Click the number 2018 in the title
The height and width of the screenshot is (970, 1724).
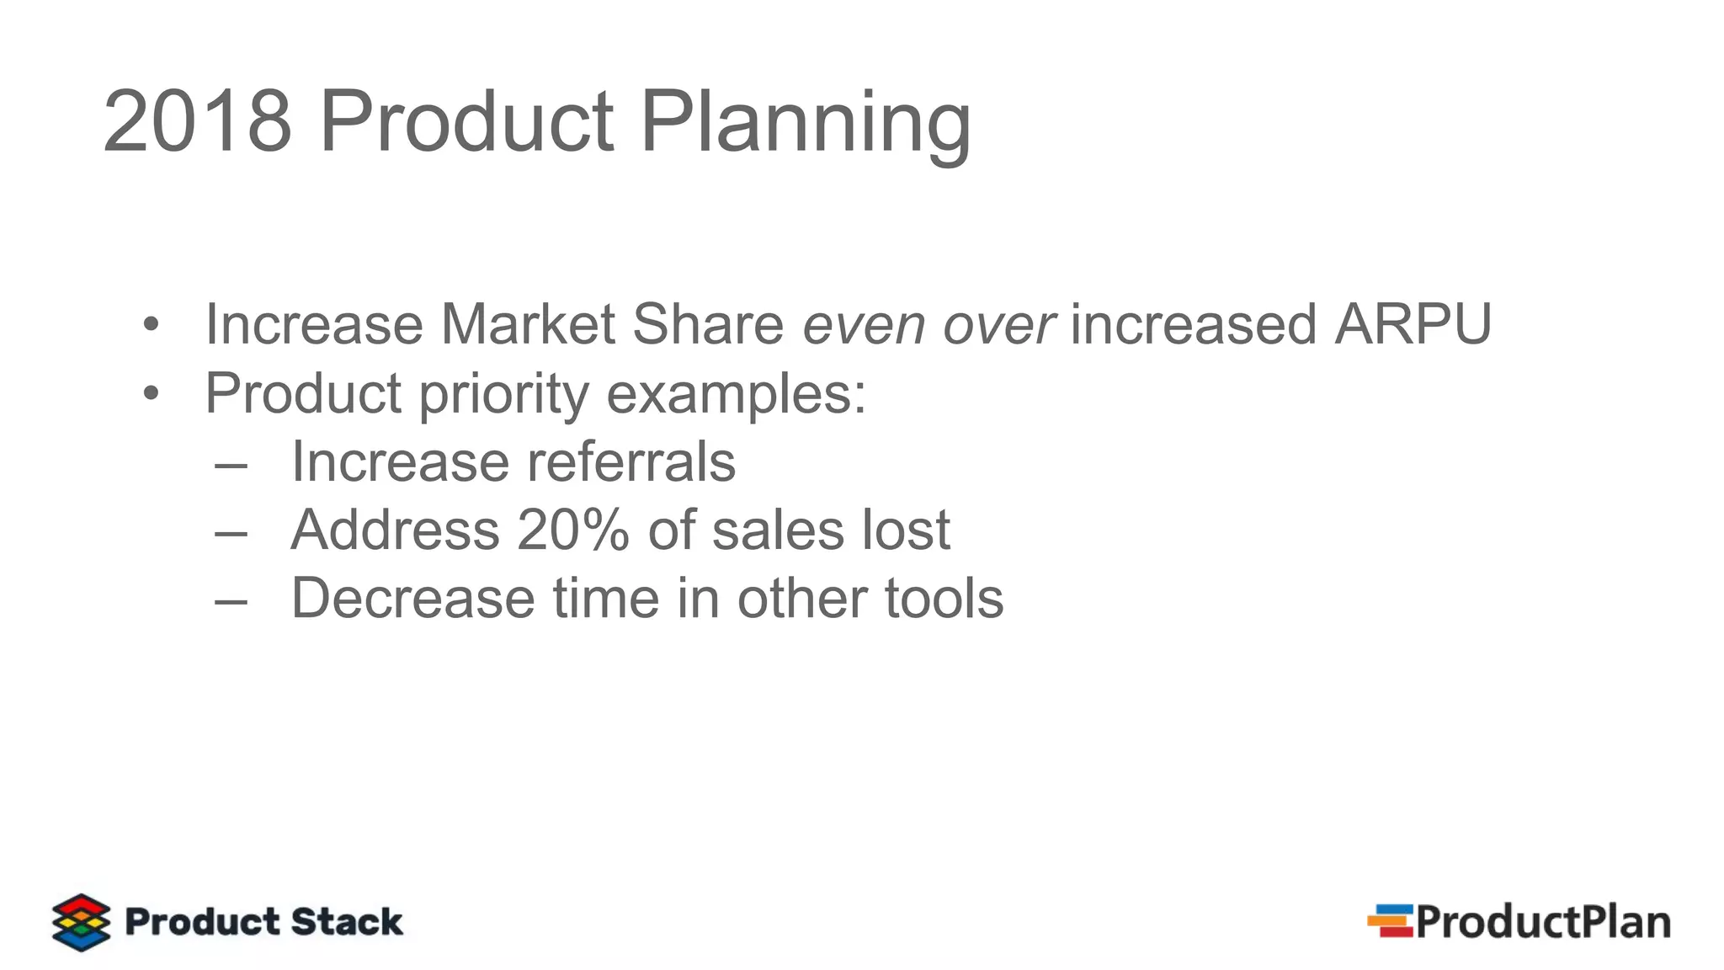[198, 122]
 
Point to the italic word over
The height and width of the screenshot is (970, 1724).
[998, 325]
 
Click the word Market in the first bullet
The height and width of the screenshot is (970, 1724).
[528, 324]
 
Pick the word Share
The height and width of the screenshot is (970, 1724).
[708, 324]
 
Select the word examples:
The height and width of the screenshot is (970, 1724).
[736, 394]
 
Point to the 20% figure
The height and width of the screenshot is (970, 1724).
[573, 530]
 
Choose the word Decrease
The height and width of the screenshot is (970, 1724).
[412, 599]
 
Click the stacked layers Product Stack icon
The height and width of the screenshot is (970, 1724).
[81, 922]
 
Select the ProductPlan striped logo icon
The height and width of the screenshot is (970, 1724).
[1390, 920]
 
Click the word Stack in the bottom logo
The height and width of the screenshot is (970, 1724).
[347, 921]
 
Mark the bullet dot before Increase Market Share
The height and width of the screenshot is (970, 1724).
[151, 325]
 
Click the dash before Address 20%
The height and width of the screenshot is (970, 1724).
[231, 532]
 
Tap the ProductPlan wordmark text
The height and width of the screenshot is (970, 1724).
[1543, 922]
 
